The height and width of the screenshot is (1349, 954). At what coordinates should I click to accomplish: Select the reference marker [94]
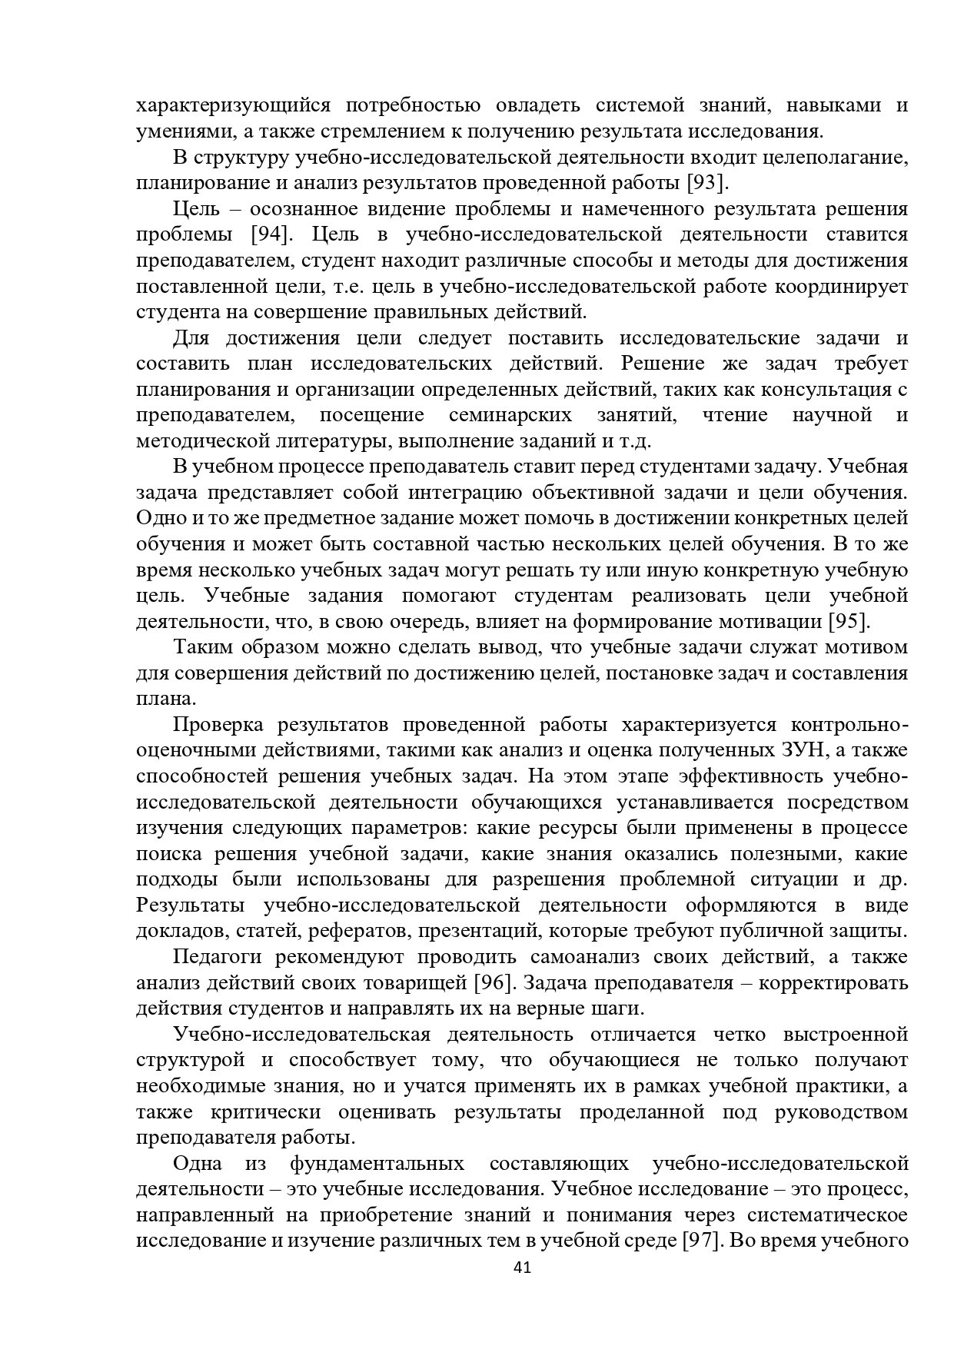269,234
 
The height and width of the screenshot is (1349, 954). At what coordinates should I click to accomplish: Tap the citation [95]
847,621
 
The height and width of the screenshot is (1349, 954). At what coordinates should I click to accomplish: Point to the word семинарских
510,415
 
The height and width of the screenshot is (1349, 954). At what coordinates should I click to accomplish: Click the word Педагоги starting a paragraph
218,957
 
